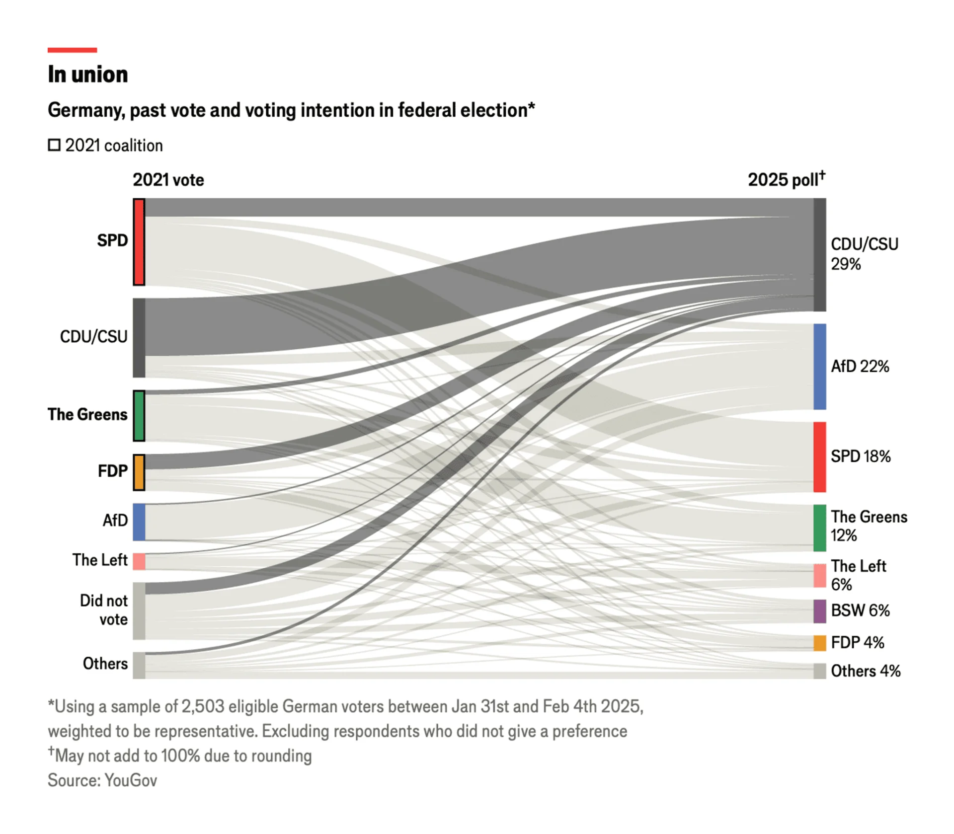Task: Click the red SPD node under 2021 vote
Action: tap(139, 242)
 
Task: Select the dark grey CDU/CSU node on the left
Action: tap(139, 337)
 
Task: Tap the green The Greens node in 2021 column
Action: tap(139, 416)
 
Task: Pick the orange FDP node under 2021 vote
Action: tap(139, 472)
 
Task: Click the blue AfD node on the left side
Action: tap(139, 522)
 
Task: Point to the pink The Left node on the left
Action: tap(139, 561)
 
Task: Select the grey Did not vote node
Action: tap(139, 611)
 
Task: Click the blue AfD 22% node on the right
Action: tap(819, 367)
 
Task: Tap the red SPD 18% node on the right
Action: tap(819, 457)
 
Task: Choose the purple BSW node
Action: tap(819, 611)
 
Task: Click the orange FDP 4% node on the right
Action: tap(819, 643)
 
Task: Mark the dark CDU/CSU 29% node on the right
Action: tap(819, 255)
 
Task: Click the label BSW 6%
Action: tap(860, 610)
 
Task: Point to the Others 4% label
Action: tap(866, 671)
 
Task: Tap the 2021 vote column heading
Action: tap(168, 180)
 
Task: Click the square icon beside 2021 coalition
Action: tap(54, 145)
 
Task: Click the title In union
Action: tap(88, 75)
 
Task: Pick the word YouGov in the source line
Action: tap(131, 780)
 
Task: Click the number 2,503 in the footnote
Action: tap(203, 706)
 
